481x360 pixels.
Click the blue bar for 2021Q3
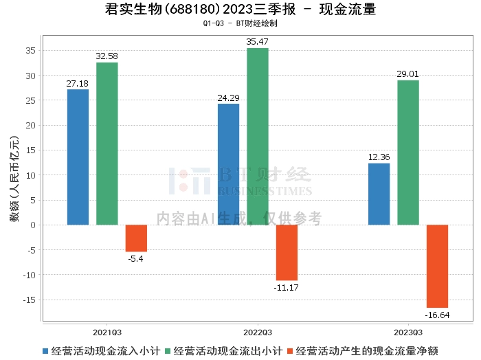point(78,157)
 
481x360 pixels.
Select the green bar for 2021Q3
point(107,144)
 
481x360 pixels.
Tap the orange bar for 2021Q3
point(136,238)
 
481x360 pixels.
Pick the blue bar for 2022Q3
point(228,164)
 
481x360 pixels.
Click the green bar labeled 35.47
point(258,136)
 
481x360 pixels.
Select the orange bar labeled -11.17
point(287,252)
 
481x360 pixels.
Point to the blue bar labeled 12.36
point(379,194)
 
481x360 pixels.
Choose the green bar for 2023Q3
point(408,153)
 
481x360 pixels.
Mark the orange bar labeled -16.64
point(437,266)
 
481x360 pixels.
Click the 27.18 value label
point(78,84)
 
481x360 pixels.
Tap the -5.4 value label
point(136,258)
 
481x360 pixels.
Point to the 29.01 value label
point(408,74)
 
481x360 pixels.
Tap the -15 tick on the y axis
point(30,300)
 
